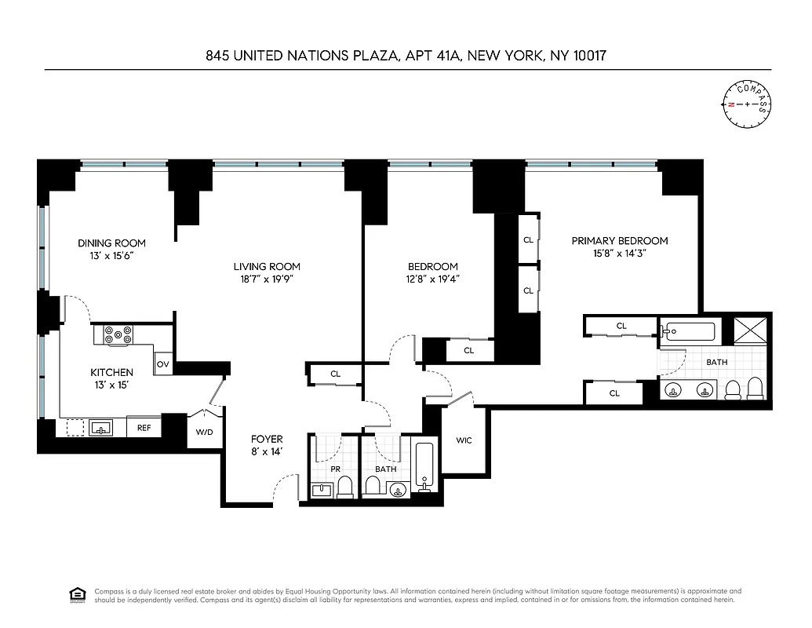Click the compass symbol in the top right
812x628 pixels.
[746, 104]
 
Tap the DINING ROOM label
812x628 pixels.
[111, 243]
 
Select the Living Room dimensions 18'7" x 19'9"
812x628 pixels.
[267, 279]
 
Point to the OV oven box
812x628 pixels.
[163, 364]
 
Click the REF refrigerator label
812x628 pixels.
[144, 428]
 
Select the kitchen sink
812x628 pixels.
[100, 428]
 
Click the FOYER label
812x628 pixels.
[267, 439]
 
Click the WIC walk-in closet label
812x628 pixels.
[464, 440]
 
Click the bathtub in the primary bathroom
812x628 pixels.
[688, 332]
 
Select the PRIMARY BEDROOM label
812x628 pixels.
[620, 241]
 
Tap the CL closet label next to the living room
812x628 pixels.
[336, 374]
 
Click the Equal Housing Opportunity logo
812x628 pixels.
[77, 595]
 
